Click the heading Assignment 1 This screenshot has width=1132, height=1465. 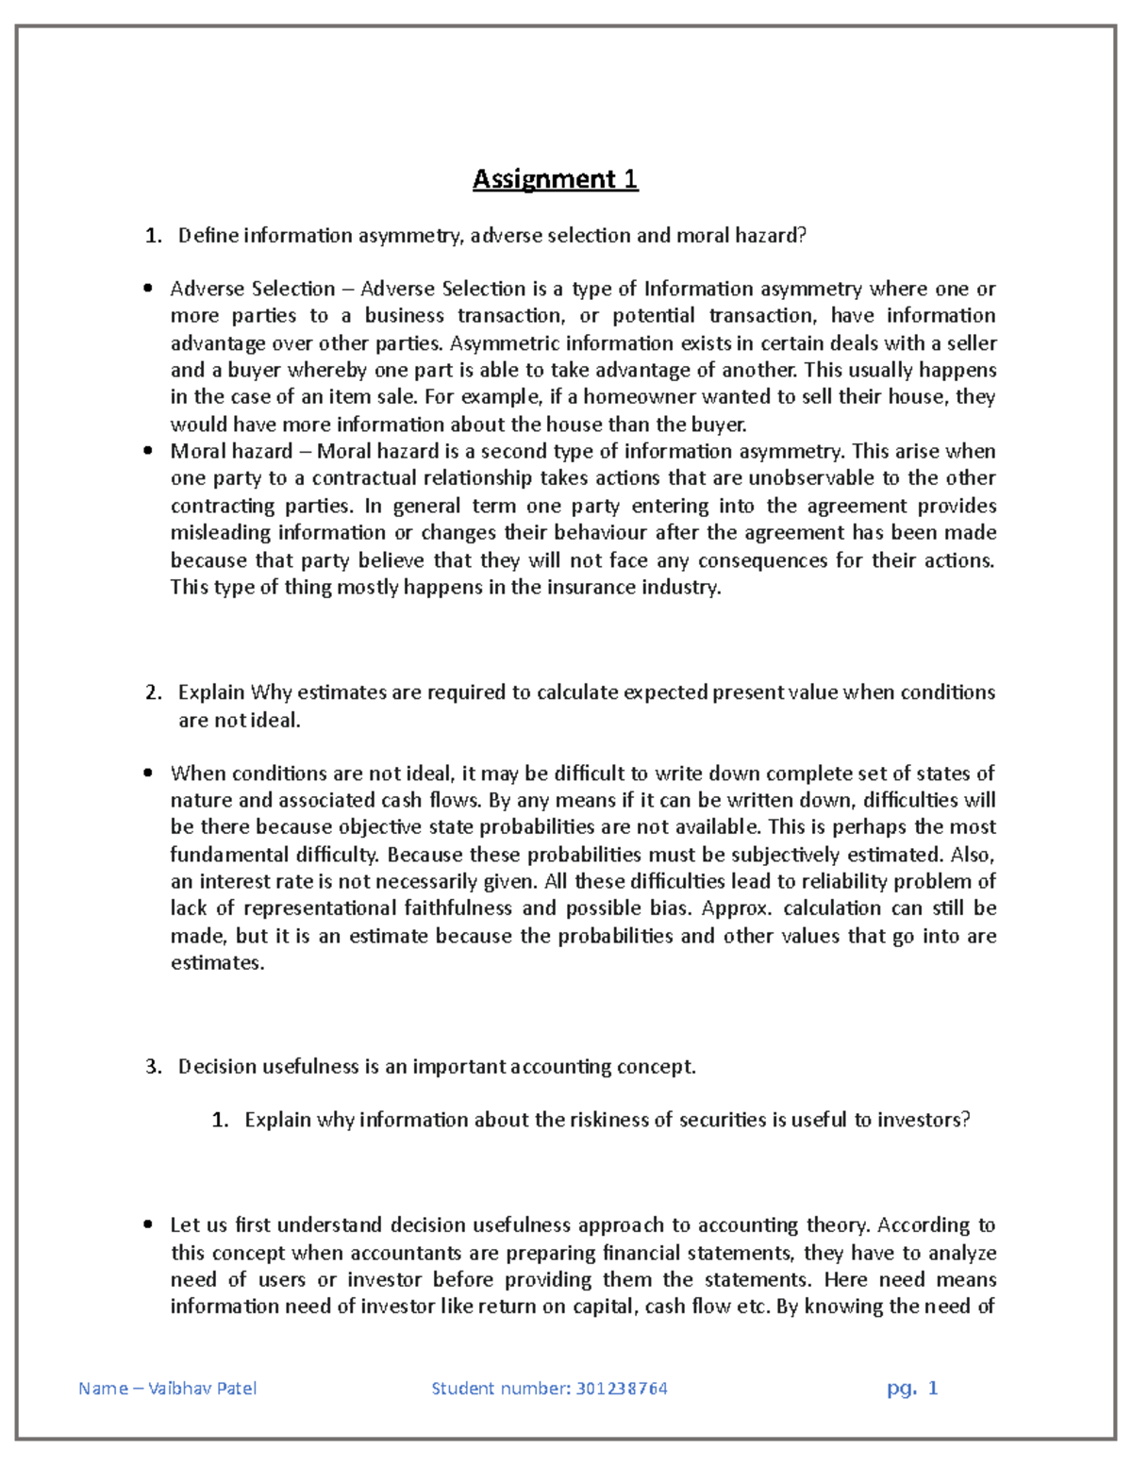click(x=555, y=178)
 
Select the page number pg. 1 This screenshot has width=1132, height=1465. click(x=912, y=1388)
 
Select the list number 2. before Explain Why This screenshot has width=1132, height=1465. click(x=154, y=692)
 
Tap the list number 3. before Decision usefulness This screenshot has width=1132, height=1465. click(x=154, y=1067)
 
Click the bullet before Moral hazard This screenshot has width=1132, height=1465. click(x=148, y=451)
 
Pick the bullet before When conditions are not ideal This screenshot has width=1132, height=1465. click(x=148, y=774)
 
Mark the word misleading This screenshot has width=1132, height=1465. click(x=221, y=533)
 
